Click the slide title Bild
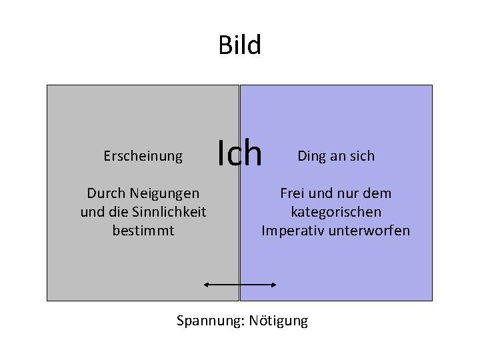tap(240, 46)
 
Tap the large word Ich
tap(241, 153)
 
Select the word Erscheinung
tap(143, 156)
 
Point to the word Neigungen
tap(164, 193)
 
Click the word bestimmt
tap(143, 231)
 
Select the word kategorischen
tap(336, 212)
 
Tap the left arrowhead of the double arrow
tap(207, 285)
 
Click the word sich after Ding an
tap(362, 156)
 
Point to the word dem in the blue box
tap(378, 193)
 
